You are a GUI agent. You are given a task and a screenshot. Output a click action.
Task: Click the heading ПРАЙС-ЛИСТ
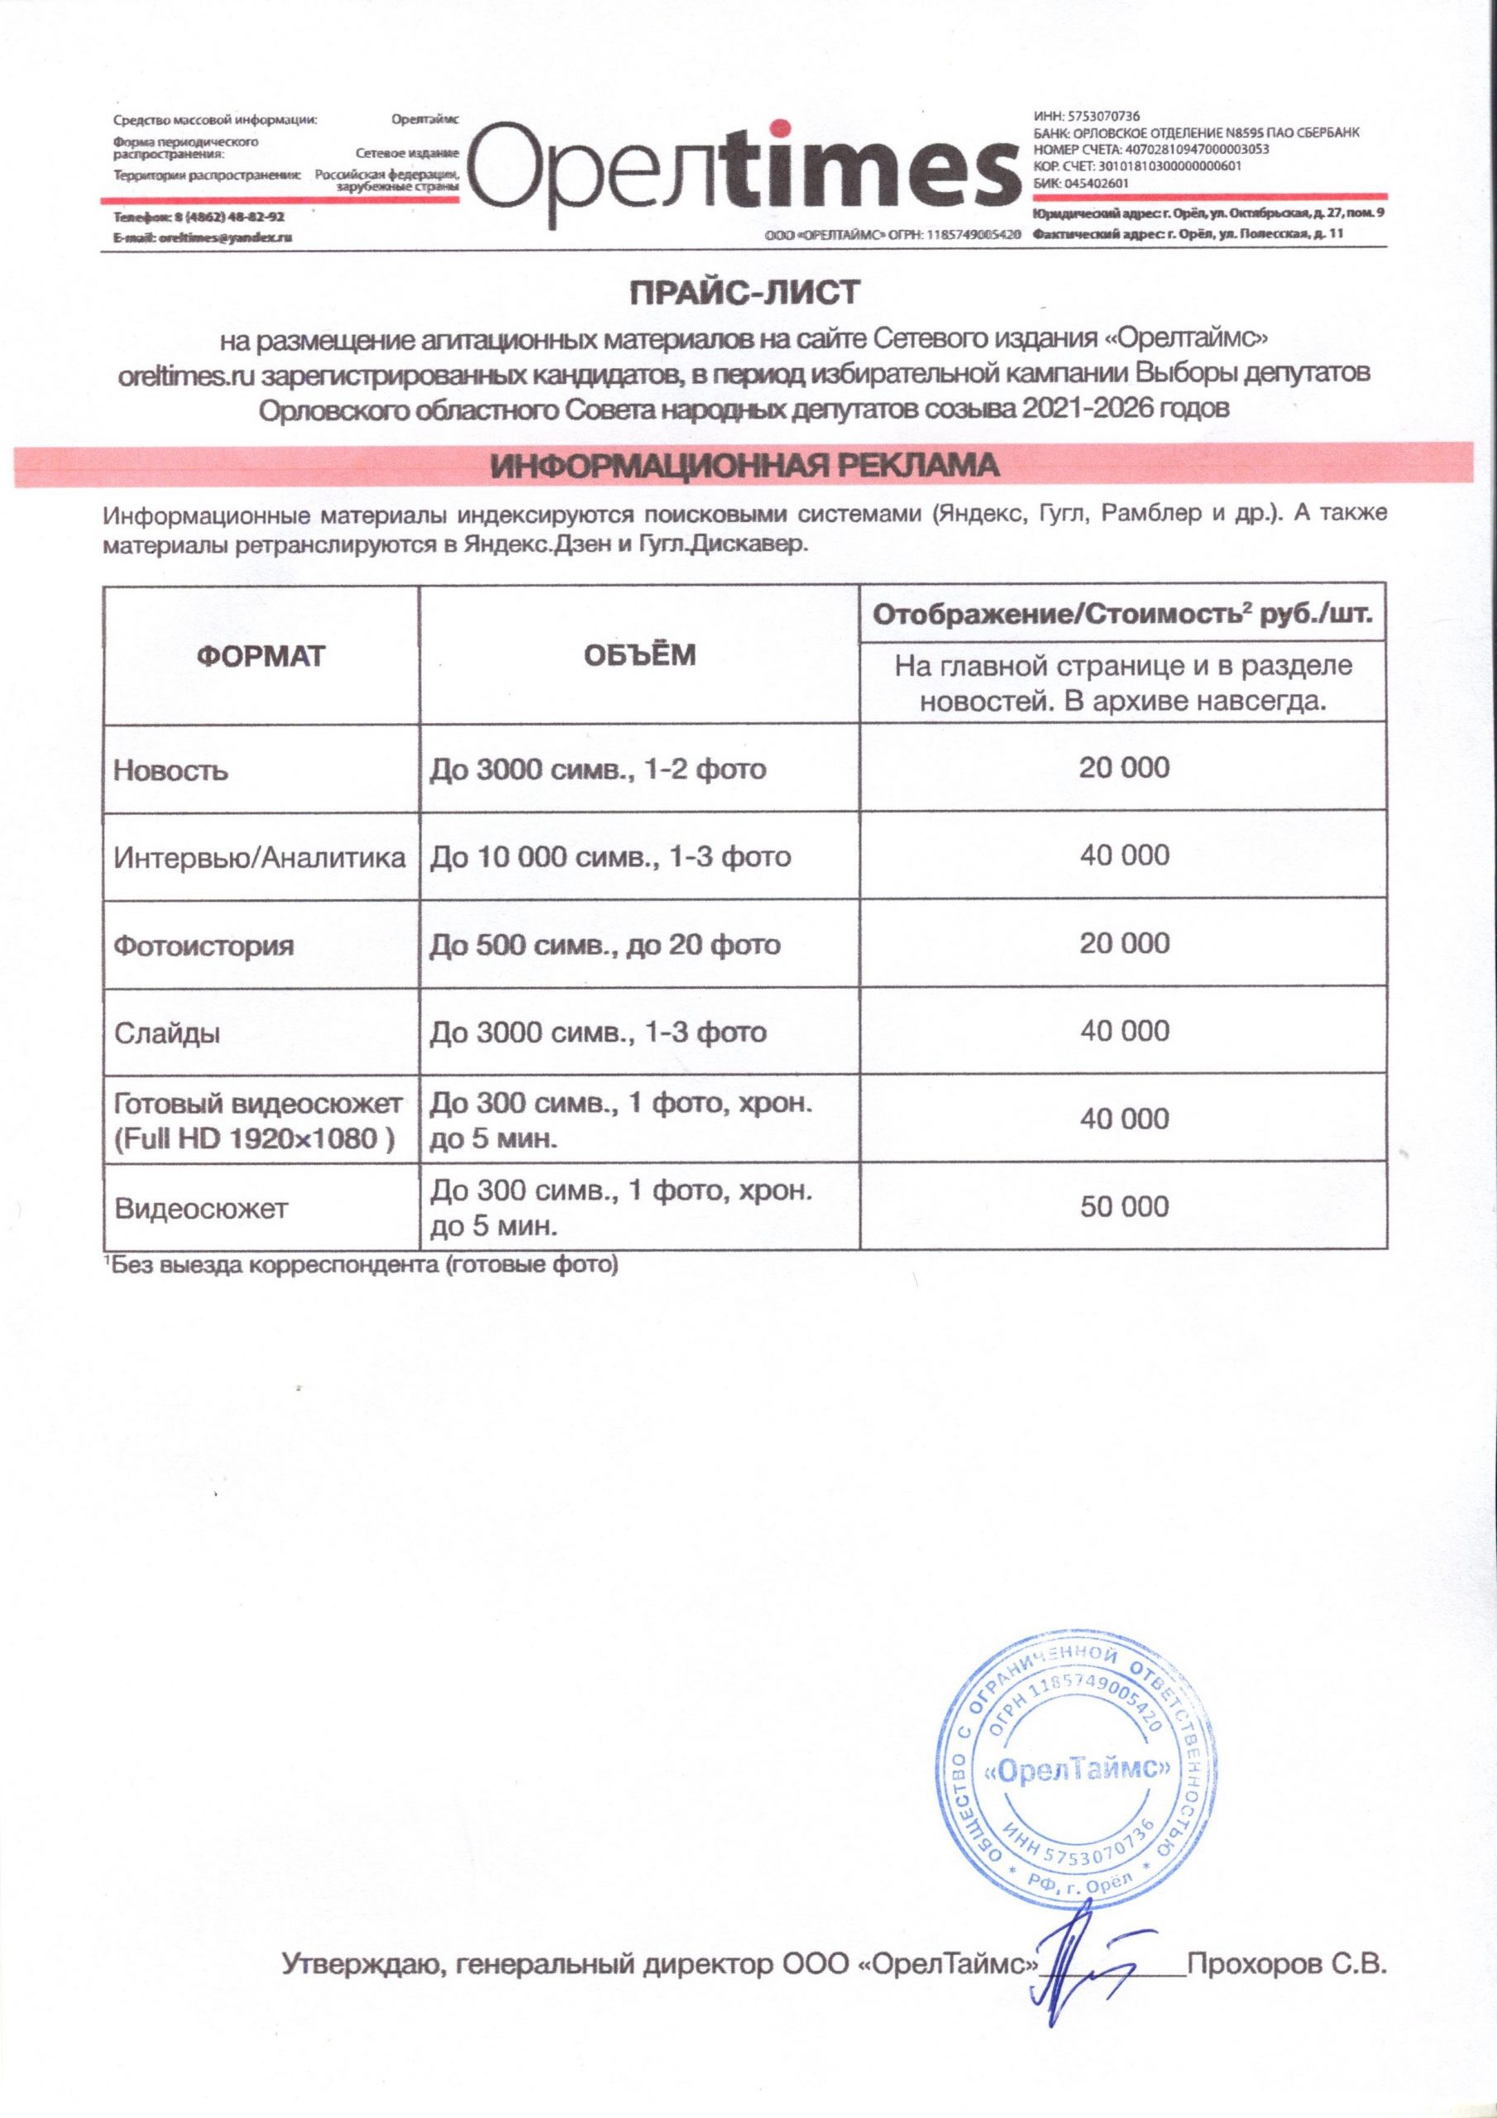[x=744, y=294]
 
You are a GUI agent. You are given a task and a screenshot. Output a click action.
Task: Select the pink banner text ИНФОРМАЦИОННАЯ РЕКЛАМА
[x=744, y=465]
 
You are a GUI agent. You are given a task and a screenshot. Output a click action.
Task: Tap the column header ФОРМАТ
[x=261, y=656]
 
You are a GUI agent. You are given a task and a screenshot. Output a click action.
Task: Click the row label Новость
[x=170, y=770]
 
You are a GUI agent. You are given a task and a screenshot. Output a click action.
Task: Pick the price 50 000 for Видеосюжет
[x=1124, y=1206]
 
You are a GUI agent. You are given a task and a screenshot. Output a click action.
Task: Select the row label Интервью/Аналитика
[x=259, y=858]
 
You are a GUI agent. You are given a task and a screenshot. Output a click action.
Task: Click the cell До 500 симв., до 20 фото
[x=605, y=945]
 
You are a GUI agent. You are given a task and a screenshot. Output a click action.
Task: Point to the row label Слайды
[x=167, y=1033]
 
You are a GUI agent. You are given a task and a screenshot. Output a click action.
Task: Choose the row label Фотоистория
[x=203, y=946]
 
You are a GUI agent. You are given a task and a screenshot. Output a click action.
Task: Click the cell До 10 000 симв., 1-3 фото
[x=610, y=857]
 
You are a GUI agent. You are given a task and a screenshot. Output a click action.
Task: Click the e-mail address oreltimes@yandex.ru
[x=225, y=237]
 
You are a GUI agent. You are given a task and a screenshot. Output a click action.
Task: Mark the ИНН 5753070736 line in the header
[x=1087, y=116]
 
